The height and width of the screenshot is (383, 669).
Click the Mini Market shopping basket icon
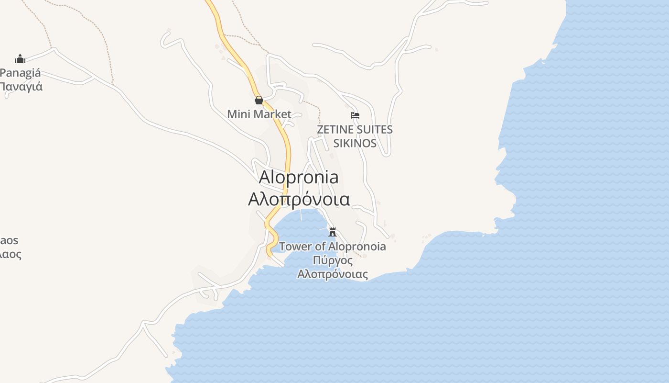click(x=259, y=100)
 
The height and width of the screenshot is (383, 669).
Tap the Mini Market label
click(x=259, y=114)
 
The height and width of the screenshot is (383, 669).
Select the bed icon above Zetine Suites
click(x=355, y=115)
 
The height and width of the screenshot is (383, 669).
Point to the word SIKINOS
click(x=355, y=143)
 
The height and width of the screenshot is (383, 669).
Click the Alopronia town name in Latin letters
click(x=299, y=177)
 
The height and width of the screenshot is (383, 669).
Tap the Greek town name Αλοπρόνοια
click(x=299, y=199)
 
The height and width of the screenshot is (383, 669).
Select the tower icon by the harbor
click(x=333, y=232)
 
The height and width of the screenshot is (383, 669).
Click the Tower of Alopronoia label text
click(x=333, y=247)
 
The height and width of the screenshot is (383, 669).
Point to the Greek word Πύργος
click(x=333, y=260)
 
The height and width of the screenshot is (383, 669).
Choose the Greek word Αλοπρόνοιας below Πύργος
click(x=333, y=274)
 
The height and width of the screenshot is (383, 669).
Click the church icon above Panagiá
click(x=20, y=59)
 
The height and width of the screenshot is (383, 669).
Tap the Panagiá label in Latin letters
click(x=21, y=73)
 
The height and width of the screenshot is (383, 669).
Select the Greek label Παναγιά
click(x=21, y=87)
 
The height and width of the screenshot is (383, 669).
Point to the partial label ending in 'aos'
click(x=10, y=240)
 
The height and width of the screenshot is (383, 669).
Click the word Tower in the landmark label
click(x=295, y=247)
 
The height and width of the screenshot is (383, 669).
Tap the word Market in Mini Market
click(x=272, y=114)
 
